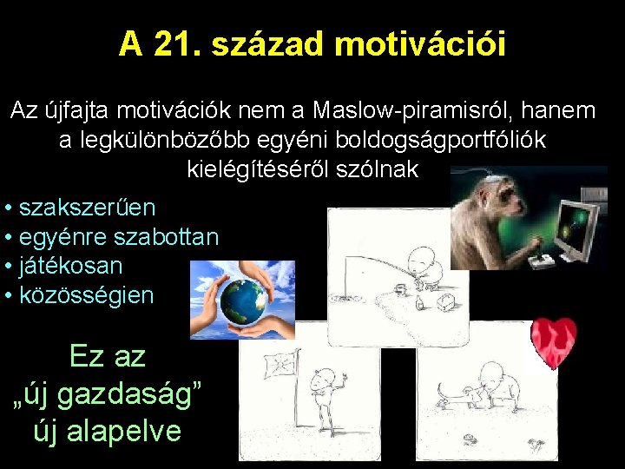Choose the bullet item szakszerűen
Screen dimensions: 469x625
[87, 208]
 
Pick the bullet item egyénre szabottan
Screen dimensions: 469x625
[118, 236]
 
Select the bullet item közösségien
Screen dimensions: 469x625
[86, 295]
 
